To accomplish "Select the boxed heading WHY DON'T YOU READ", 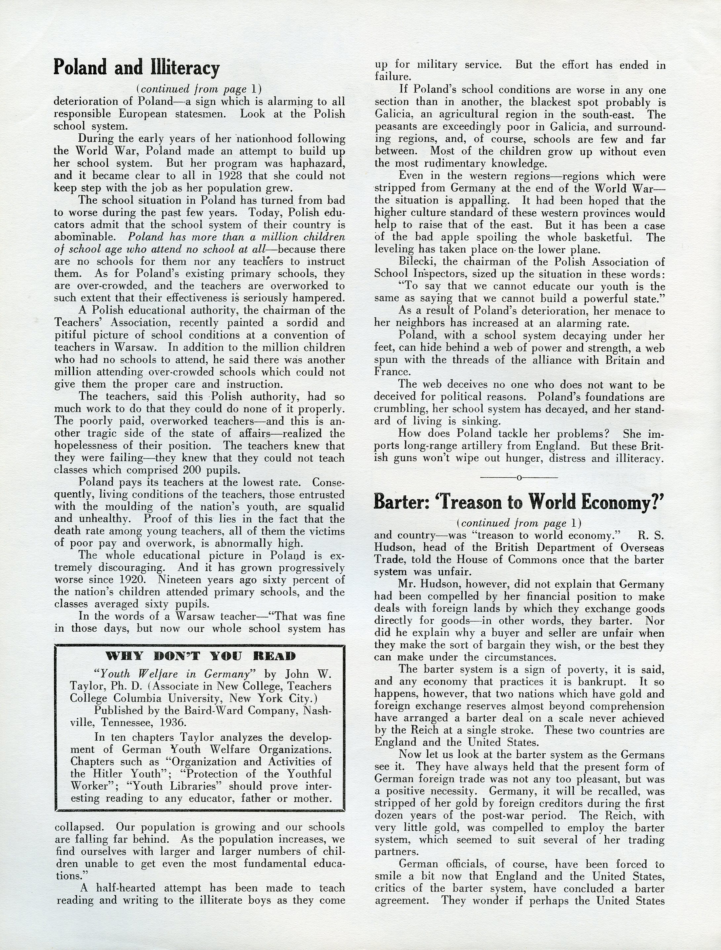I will pyautogui.click(x=200, y=656).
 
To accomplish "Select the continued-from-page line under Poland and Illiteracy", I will pyautogui.click(x=199, y=89).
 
